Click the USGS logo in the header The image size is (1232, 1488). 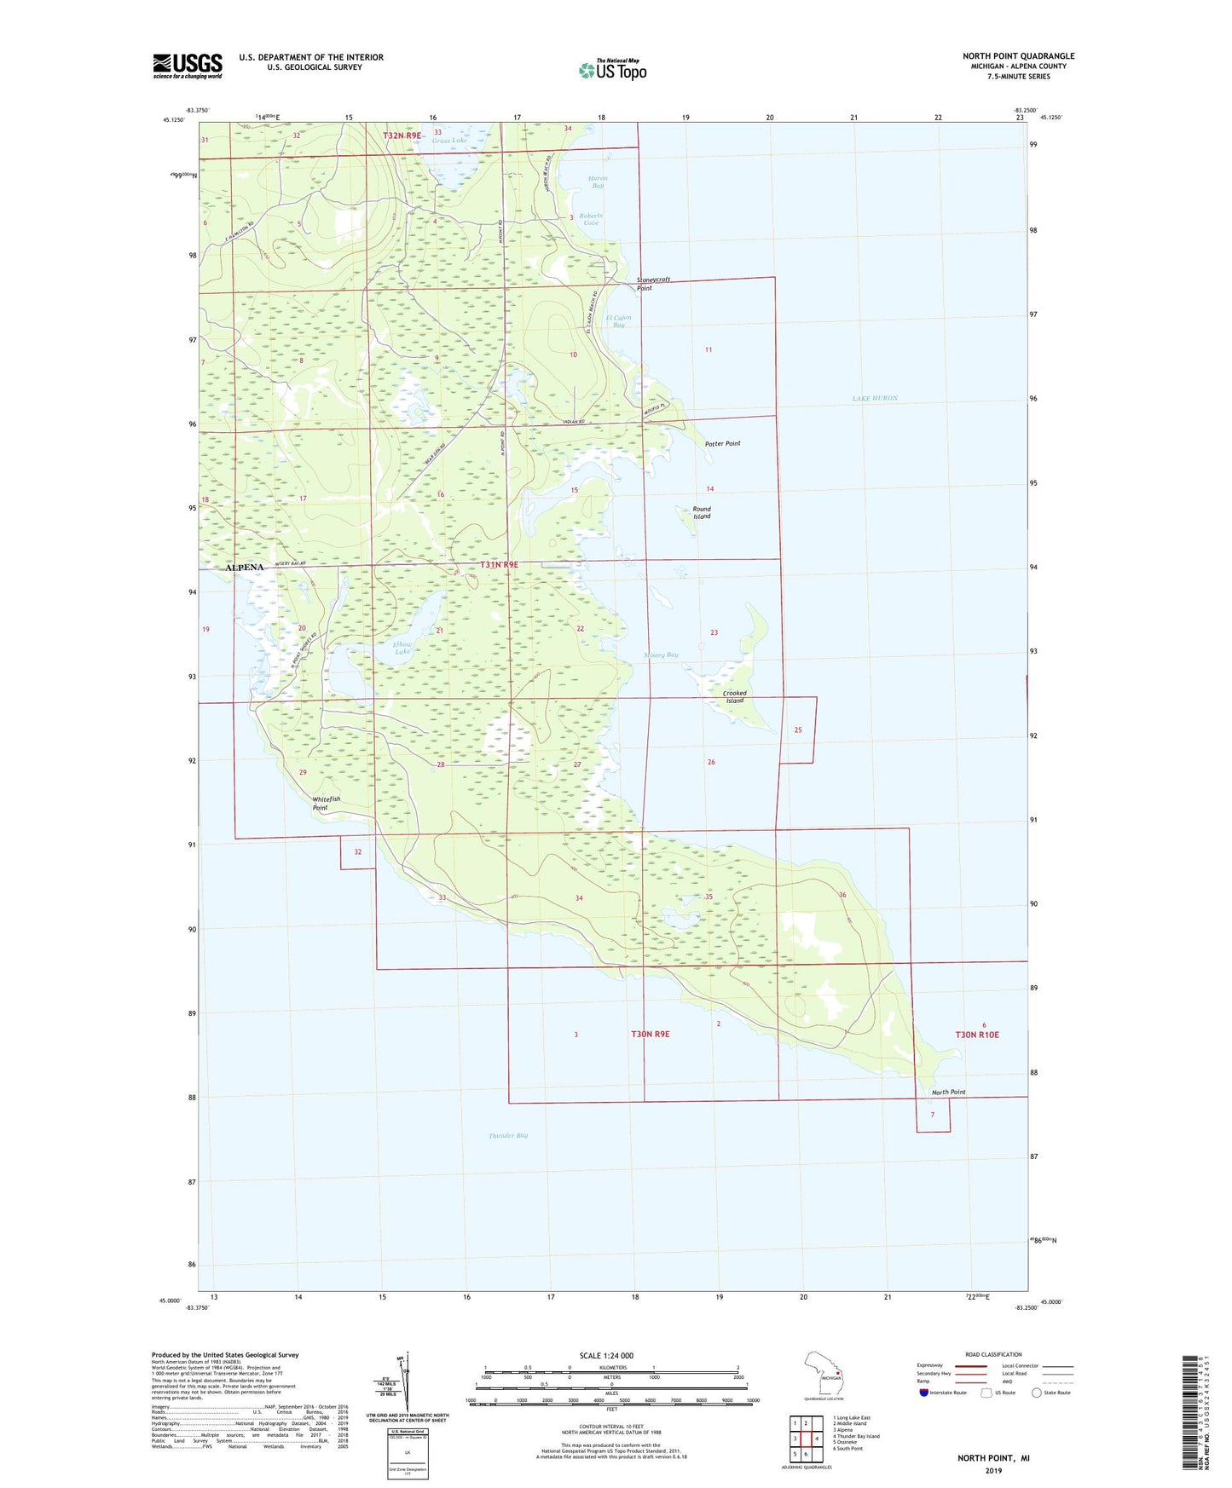point(188,66)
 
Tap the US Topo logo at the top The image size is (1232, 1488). point(612,70)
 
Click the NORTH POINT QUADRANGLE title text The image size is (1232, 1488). point(1018,56)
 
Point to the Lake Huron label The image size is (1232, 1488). point(875,398)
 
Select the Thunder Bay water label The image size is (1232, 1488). point(508,1135)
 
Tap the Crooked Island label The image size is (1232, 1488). point(734,696)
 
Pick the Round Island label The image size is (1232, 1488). point(702,512)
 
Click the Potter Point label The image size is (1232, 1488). point(723,444)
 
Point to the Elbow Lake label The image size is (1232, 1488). point(402,648)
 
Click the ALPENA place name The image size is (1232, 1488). point(245,567)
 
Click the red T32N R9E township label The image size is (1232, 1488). point(402,136)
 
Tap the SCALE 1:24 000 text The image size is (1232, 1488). point(606,1355)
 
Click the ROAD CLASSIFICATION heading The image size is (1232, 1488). point(993,1354)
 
